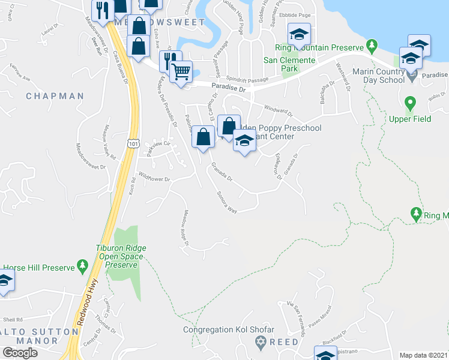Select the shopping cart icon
tap(181, 73)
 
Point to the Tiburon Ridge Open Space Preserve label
tap(121, 256)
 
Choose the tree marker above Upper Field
tap(411, 103)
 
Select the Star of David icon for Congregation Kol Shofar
tap(260, 341)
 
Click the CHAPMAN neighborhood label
tap(55, 96)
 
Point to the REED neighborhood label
tap(283, 341)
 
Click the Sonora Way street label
tap(227, 202)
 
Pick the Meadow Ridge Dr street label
tap(185, 229)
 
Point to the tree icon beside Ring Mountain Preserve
tap(372, 46)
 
